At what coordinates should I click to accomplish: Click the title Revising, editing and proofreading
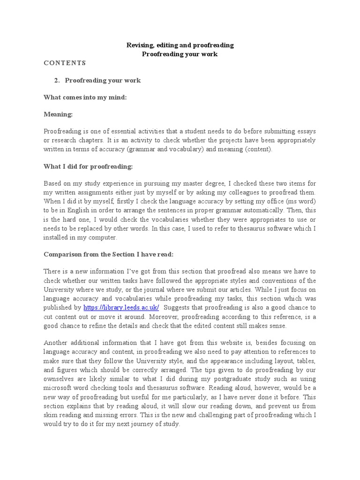point(180,45)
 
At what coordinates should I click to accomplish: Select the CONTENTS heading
point(65,62)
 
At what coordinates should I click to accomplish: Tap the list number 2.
point(57,80)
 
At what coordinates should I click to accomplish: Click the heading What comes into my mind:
point(85,97)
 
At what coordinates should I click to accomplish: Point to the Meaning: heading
point(58,114)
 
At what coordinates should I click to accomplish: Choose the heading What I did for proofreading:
point(88,166)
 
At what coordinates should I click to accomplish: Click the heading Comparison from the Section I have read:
point(108,254)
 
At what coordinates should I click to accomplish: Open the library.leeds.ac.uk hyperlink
point(121,307)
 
